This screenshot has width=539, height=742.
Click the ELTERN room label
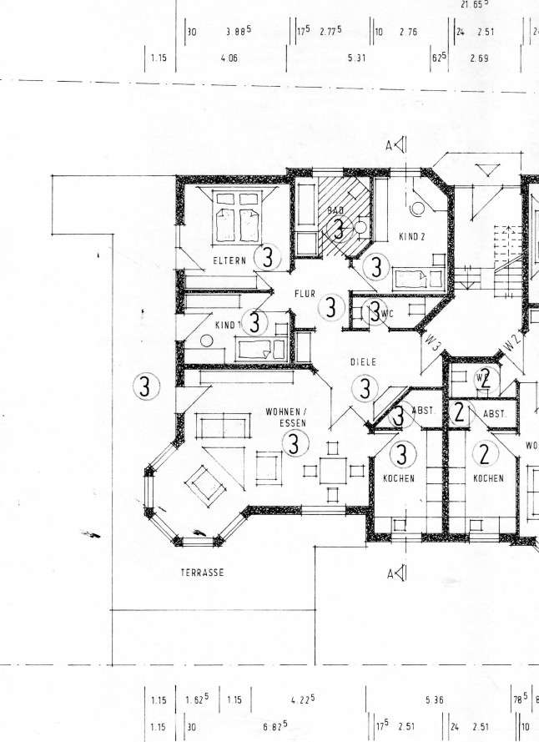coord(229,261)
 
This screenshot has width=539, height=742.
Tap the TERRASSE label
coord(203,573)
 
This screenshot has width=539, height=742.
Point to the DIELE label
coord(364,362)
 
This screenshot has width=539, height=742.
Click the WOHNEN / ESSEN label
coord(286,417)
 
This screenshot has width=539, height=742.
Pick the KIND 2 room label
coord(412,237)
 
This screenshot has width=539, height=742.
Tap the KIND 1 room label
coord(227,324)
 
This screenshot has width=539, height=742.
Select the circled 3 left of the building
coord(146,386)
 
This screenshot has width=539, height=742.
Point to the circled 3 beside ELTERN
coord(267,256)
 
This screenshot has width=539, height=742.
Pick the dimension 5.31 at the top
coord(356,59)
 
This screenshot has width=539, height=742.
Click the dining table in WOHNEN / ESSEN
coord(334,469)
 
